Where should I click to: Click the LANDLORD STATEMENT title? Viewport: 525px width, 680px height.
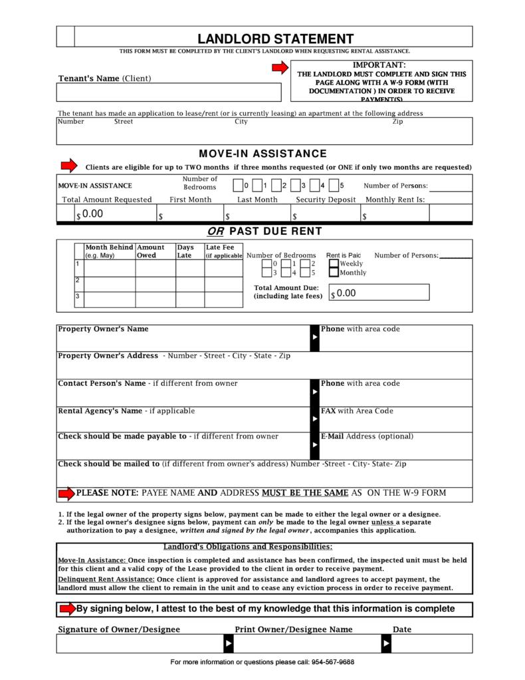275,39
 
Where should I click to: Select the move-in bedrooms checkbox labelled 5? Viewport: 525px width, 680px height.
334,186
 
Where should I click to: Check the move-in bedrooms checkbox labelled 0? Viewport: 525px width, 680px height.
238,186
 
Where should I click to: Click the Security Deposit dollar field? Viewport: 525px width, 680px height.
325,214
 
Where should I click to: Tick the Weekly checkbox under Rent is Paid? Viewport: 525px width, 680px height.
334,264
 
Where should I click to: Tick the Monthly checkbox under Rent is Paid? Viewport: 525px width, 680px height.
334,273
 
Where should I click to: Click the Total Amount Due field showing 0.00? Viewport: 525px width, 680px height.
379,293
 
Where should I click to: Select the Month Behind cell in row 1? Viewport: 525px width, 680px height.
110,267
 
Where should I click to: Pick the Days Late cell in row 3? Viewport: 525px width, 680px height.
189,299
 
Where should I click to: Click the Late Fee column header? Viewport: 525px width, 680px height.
223,251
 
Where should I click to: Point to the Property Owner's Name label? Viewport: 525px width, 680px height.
103,329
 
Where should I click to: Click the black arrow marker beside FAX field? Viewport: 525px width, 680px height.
315,419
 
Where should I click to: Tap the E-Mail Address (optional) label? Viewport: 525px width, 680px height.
367,436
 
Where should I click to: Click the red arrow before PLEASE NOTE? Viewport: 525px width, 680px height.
66,493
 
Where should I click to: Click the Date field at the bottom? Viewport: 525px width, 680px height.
431,644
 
